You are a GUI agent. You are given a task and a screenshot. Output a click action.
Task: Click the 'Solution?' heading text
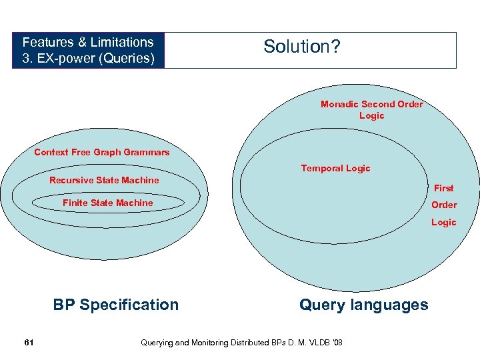point(302,47)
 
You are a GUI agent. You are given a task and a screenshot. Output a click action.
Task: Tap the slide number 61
point(29,342)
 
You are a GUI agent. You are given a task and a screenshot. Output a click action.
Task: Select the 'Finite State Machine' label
point(107,203)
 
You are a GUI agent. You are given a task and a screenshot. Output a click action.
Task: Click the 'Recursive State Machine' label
point(104,180)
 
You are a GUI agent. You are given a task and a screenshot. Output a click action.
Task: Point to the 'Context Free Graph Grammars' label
point(101,152)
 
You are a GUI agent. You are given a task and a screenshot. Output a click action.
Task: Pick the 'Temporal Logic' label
point(335,168)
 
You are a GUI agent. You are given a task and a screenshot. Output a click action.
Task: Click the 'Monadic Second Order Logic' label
point(371,109)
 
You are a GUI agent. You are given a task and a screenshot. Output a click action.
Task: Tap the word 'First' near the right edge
point(443,188)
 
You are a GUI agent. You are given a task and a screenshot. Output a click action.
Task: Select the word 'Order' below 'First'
point(443,205)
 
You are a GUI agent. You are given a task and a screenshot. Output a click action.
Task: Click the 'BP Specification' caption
point(116,305)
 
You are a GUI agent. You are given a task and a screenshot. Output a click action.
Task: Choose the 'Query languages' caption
point(363,305)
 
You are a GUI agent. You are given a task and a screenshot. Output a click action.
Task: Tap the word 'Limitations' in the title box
point(123,42)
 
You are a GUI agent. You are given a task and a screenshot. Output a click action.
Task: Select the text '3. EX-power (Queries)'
point(88,59)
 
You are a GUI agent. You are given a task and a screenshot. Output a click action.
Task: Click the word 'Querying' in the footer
point(157,343)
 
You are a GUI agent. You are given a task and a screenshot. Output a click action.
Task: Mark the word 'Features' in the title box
point(45,42)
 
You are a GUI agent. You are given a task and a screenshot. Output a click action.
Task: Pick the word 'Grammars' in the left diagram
point(149,152)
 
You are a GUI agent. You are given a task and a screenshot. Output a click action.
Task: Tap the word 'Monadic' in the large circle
point(339,104)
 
